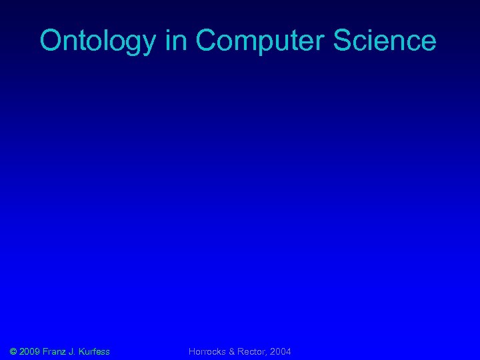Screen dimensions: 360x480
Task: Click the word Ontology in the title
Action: (x=97, y=41)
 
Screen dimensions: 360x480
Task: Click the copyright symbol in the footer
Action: (x=14, y=351)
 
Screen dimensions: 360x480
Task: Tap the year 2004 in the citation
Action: (x=281, y=351)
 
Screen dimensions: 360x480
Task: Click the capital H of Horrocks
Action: (x=192, y=351)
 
